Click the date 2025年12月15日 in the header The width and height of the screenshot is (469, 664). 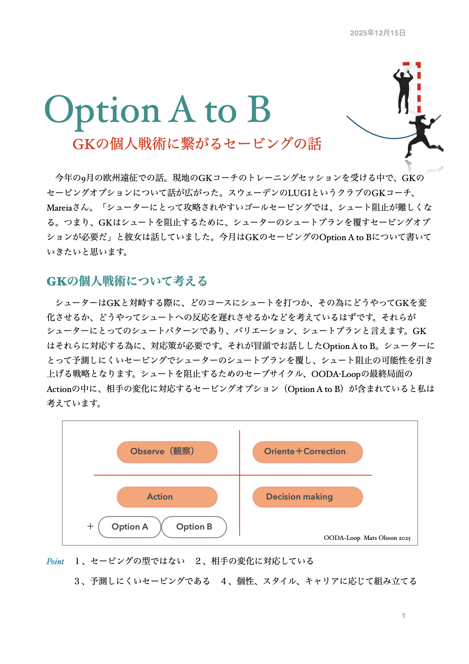378,33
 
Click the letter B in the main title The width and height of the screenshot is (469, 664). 259,110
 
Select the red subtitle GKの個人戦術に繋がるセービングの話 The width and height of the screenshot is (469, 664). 197,144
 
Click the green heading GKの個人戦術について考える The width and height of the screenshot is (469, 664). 127,281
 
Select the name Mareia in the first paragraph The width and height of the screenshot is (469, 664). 60,208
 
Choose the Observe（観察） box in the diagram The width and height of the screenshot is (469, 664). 167,452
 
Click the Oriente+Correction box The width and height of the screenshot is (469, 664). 307,452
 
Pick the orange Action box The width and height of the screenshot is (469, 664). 167,497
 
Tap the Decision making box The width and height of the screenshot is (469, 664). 307,497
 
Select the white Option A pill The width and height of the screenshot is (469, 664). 130,527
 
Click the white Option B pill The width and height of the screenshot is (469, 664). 194,527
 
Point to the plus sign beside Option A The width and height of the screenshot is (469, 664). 90,526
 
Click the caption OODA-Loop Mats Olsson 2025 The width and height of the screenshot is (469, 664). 367,538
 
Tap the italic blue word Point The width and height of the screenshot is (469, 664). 55,561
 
